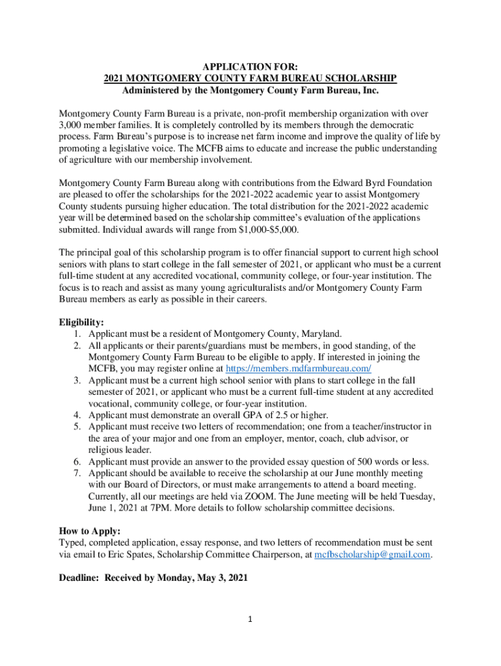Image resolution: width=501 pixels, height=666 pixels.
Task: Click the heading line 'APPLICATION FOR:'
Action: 251,66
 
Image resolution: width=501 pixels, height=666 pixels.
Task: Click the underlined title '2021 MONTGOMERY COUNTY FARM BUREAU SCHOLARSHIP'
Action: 251,78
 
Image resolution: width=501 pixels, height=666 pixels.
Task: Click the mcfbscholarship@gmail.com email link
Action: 372,554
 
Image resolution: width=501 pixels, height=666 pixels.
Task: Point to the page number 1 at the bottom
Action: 251,619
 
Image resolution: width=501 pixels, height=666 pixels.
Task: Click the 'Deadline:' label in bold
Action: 80,578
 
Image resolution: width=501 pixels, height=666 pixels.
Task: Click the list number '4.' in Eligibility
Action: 77,415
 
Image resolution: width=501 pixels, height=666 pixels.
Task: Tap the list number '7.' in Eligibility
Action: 77,473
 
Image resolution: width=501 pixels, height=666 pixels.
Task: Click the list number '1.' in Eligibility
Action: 77,334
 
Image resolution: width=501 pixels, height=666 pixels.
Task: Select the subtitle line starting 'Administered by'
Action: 251,90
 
